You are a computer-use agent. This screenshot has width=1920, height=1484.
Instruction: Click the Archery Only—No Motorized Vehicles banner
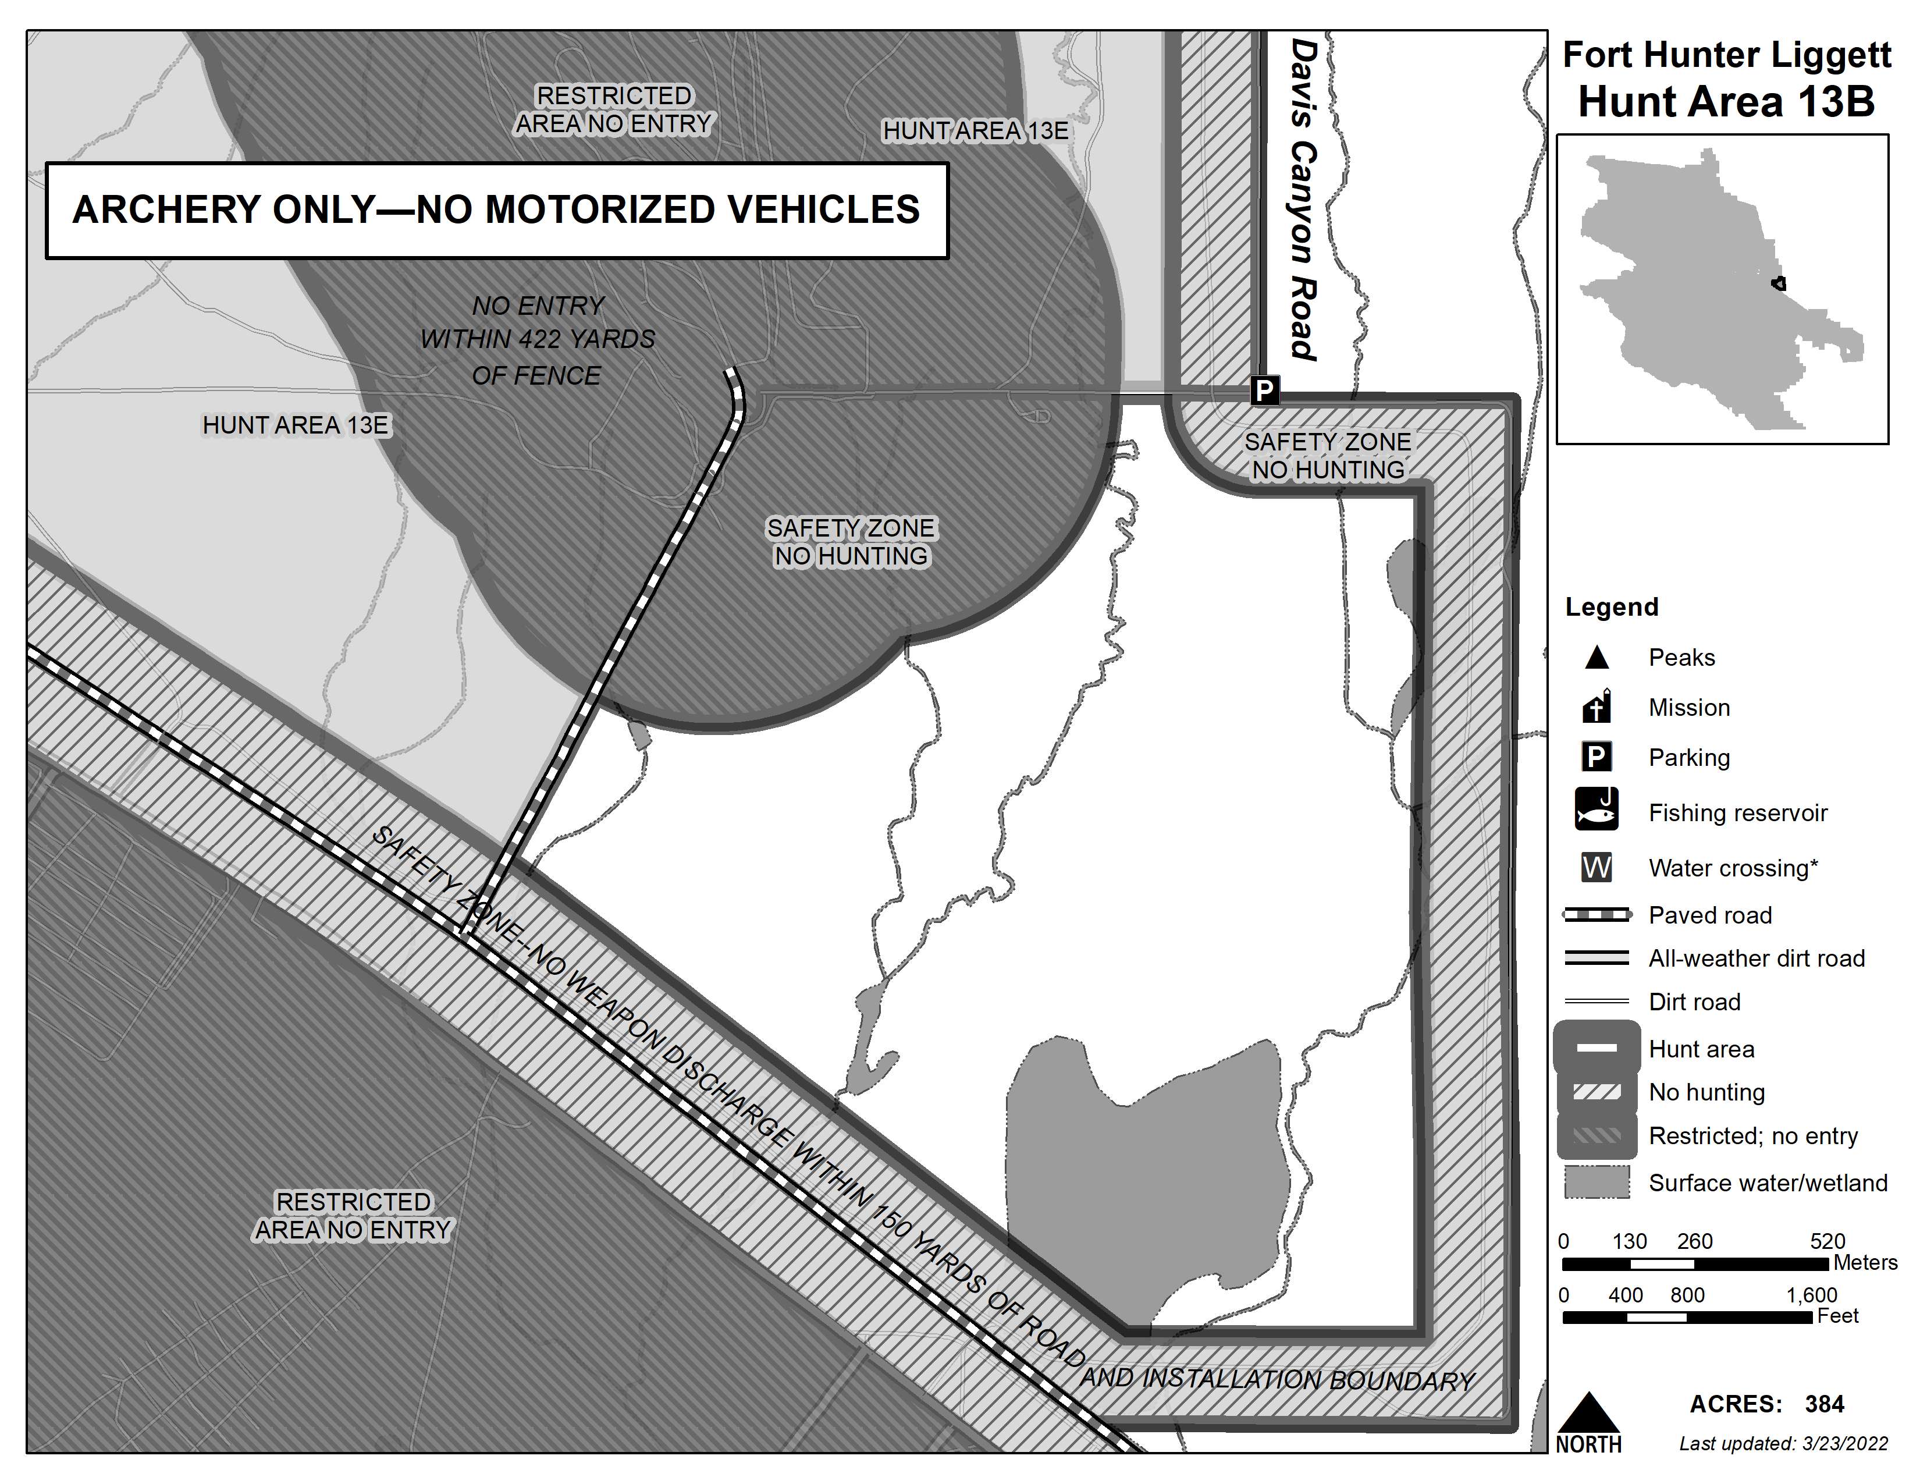pyautogui.click(x=497, y=210)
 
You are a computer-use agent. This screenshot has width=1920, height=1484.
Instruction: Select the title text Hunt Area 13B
pyautogui.click(x=1726, y=102)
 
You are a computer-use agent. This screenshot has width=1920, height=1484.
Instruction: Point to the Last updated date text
pyautogui.click(x=1783, y=1444)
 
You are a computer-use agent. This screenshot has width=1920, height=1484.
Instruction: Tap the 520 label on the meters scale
pyautogui.click(x=1827, y=1241)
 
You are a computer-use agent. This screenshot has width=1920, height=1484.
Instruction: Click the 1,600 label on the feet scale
pyautogui.click(x=1811, y=1295)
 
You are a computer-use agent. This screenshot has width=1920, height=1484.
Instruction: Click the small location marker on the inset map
pyautogui.click(x=1779, y=283)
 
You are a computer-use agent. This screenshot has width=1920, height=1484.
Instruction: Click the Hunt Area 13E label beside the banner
pyautogui.click(x=975, y=131)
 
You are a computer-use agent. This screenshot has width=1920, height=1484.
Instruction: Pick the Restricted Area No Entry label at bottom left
pyautogui.click(x=353, y=1216)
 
